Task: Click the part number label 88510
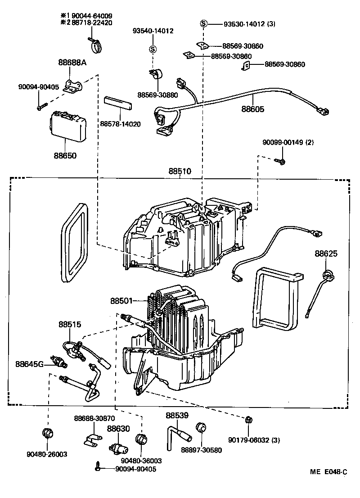coord(180,172)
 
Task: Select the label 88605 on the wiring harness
coord(252,109)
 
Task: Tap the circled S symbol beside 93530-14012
coord(203,23)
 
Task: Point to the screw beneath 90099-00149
coord(279,160)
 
